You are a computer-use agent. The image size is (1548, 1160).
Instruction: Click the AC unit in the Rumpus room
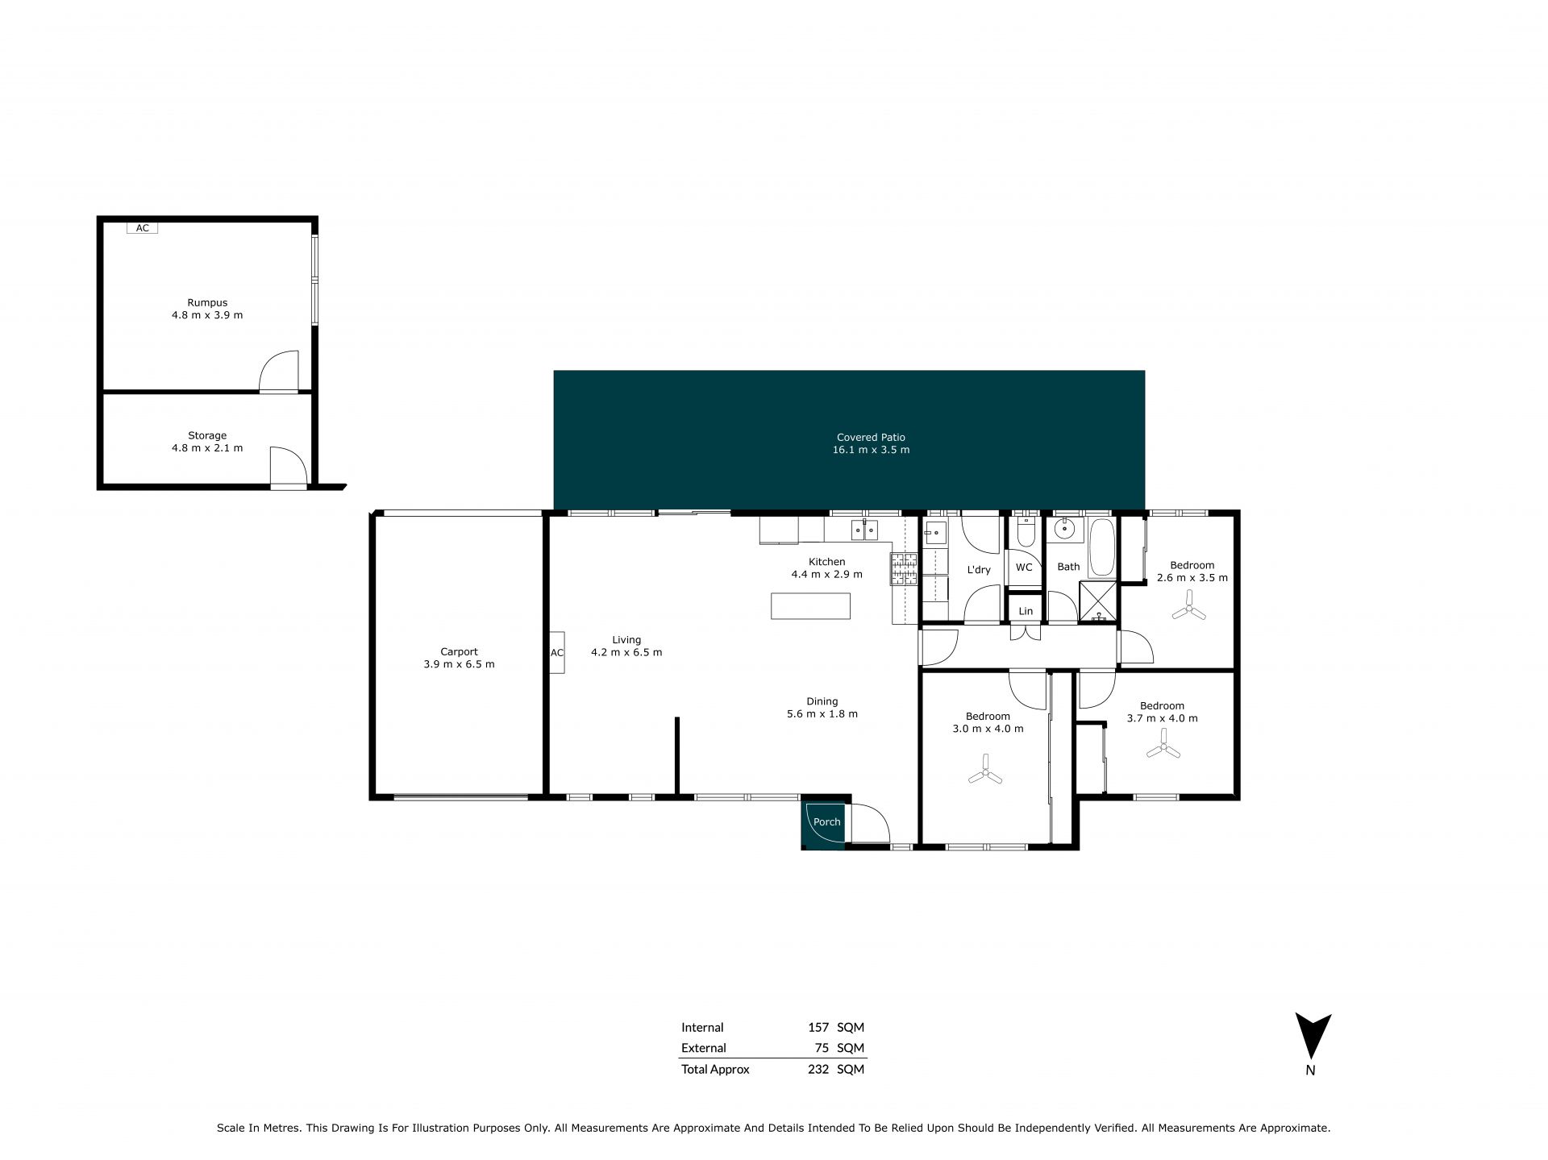[x=142, y=228]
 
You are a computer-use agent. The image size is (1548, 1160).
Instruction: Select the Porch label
[x=826, y=822]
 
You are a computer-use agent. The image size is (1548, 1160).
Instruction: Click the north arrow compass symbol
[x=1313, y=1035]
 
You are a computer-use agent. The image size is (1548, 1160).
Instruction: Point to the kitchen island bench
[x=810, y=605]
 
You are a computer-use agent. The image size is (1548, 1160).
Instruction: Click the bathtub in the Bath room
[x=1102, y=548]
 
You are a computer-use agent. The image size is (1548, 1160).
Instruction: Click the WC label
[x=1024, y=568]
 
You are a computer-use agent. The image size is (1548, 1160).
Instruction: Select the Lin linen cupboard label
[x=1026, y=611]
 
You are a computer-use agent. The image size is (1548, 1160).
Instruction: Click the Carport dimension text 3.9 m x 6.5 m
[x=459, y=664]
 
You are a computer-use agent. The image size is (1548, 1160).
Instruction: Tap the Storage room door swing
[x=288, y=466]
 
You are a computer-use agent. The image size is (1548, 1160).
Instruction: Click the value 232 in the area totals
[x=818, y=1070]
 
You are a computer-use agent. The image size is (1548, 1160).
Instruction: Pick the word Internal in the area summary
[x=702, y=1028]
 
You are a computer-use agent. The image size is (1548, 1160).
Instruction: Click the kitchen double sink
[x=865, y=530]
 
